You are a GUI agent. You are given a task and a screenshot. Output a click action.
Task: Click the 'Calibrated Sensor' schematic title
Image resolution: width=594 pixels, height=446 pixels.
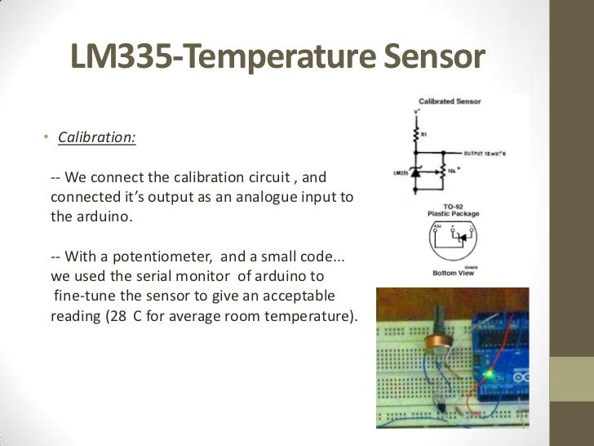coord(450,101)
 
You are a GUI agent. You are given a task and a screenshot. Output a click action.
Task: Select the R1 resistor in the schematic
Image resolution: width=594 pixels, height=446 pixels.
coord(418,134)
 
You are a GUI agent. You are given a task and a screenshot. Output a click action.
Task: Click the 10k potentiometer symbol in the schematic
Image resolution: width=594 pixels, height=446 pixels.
coord(441,172)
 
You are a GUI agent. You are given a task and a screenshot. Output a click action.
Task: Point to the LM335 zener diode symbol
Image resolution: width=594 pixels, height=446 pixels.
coord(418,173)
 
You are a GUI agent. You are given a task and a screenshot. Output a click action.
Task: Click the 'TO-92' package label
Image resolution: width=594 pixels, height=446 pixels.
coord(454,207)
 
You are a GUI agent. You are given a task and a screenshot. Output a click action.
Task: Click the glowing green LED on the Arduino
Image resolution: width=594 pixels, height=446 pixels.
coord(490,374)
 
